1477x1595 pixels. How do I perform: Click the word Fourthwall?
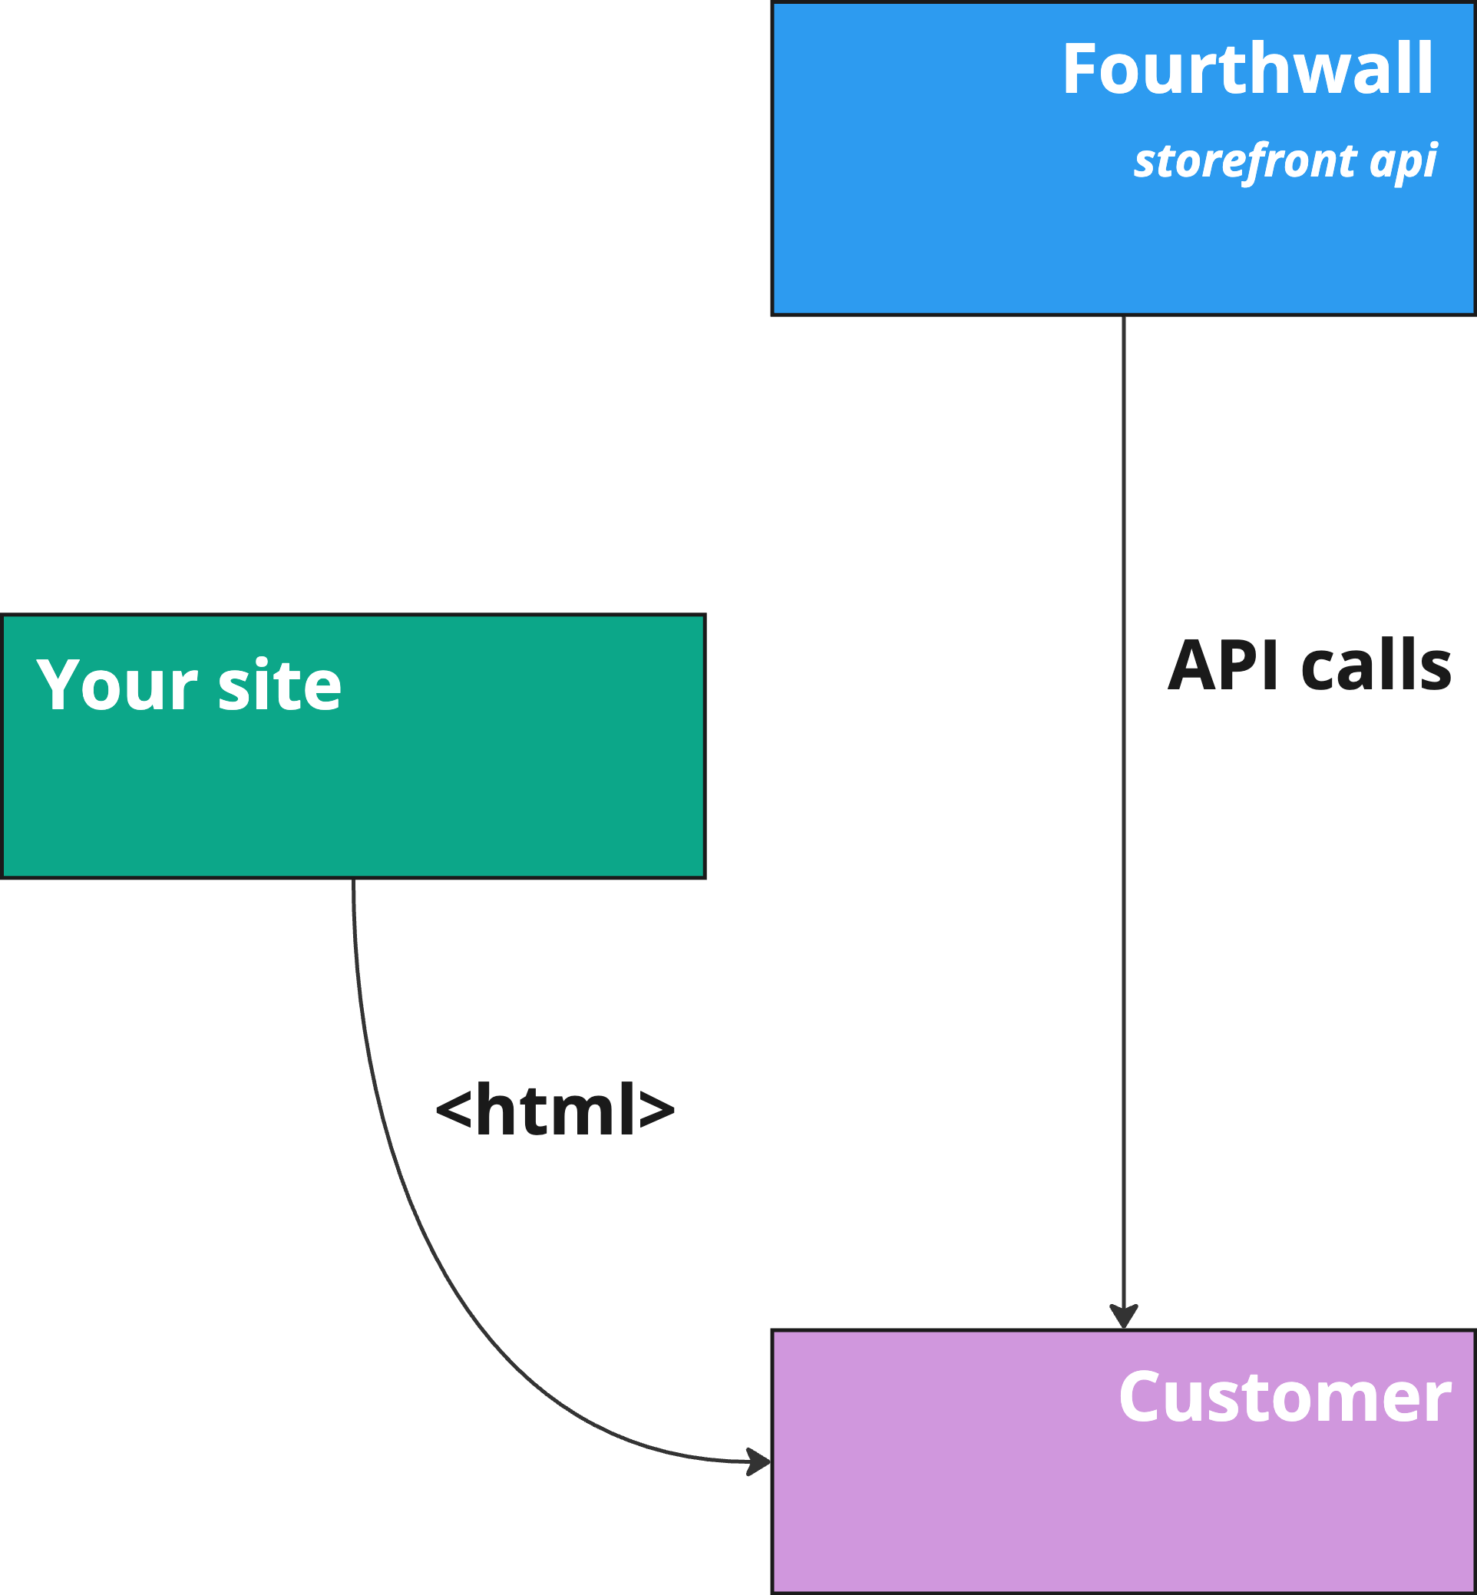click(1247, 70)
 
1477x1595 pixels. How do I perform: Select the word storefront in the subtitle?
click(1244, 160)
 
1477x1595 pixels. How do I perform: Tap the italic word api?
click(1403, 160)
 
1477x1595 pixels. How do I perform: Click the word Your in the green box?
click(117, 685)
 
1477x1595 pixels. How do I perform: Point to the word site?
click(279, 685)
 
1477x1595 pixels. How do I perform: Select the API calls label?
click(1309, 665)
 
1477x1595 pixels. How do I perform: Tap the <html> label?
click(556, 1109)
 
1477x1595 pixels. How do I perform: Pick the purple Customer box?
click(1039, 1518)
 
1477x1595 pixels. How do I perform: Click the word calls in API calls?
click(1376, 665)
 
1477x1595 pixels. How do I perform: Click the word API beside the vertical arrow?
click(1224, 665)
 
